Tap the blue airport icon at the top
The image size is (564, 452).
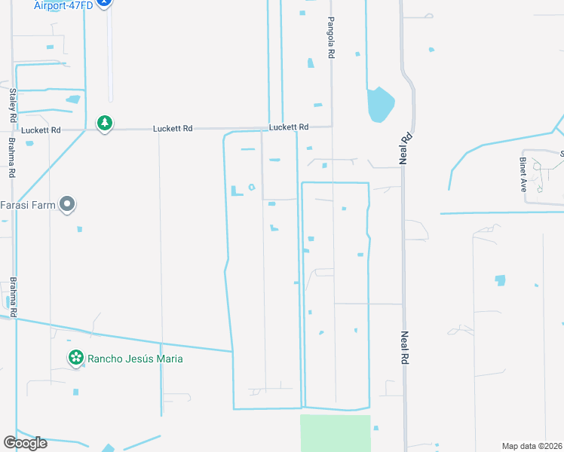click(x=106, y=3)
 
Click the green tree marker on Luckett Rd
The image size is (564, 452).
click(x=105, y=123)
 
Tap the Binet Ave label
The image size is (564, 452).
click(x=523, y=175)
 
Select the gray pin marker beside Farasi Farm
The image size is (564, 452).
click(x=68, y=203)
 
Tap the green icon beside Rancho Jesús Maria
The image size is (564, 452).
click(x=75, y=358)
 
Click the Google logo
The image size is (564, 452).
click(x=25, y=443)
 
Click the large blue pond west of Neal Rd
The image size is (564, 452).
click(x=379, y=104)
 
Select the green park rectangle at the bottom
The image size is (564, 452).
click(x=336, y=432)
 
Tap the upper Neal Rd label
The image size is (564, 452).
click(x=405, y=148)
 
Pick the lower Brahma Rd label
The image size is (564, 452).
click(x=13, y=296)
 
